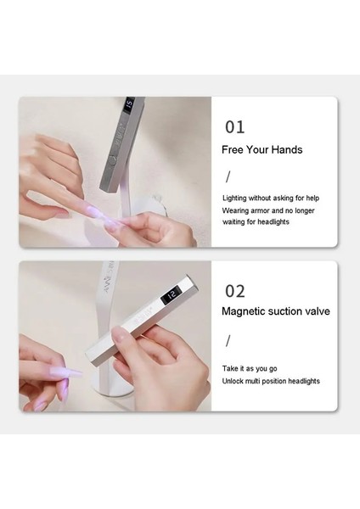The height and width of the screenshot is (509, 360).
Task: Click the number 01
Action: tap(234, 127)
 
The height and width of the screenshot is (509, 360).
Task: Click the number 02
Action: tap(235, 291)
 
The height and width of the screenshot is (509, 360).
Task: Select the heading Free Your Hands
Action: tap(262, 149)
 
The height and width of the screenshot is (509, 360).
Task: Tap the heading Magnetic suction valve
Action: tap(276, 311)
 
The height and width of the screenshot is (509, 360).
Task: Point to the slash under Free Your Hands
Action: tap(228, 176)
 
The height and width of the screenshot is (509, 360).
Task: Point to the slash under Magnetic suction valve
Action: tap(228, 341)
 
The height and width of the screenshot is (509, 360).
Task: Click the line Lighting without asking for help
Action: tap(271, 198)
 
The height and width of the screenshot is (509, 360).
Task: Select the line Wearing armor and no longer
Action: tap(268, 210)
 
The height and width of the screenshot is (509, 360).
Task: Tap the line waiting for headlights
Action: tap(256, 222)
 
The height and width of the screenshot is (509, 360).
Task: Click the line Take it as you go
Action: tap(250, 369)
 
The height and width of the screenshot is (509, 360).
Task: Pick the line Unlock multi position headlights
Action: tap(271, 381)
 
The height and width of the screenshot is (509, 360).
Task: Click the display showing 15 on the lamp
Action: tap(129, 104)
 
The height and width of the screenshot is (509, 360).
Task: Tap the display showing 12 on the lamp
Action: tap(171, 294)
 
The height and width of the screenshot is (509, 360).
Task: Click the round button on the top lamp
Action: tap(112, 160)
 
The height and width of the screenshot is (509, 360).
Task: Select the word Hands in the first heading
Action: tap(287, 149)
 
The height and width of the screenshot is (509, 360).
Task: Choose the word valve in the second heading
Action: tap(316, 311)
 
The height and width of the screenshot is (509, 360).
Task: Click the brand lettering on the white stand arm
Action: tap(109, 277)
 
